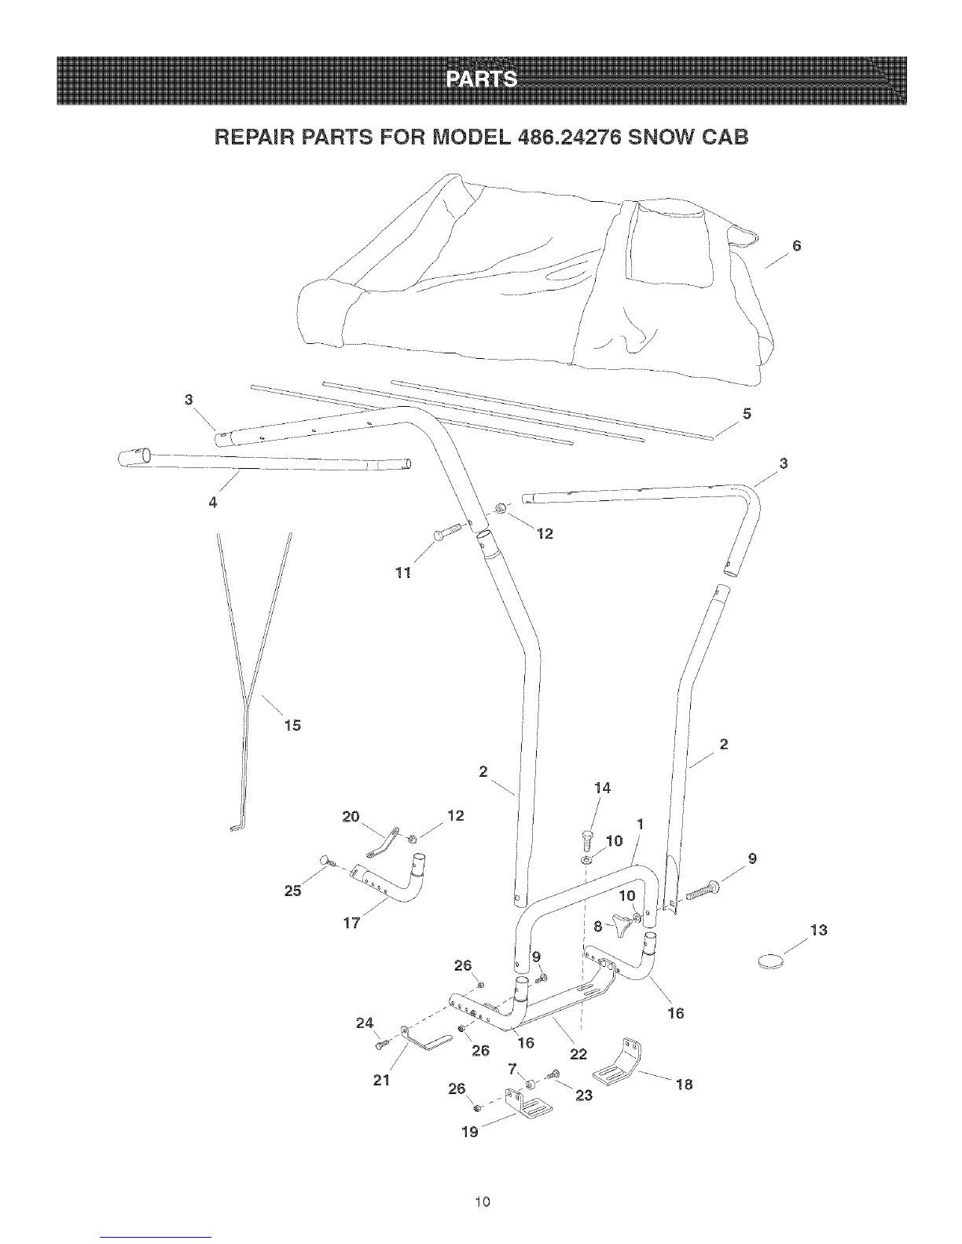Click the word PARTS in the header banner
click(x=482, y=79)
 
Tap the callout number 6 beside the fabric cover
click(x=796, y=246)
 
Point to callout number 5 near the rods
click(x=747, y=413)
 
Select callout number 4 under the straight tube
click(x=213, y=503)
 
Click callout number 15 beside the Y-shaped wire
click(x=292, y=726)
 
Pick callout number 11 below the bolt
click(x=403, y=572)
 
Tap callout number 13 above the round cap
click(x=819, y=930)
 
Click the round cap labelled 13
click(x=771, y=960)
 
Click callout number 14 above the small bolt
click(x=602, y=788)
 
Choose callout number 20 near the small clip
click(x=351, y=816)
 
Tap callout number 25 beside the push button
click(x=293, y=891)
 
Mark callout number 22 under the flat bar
click(x=578, y=1054)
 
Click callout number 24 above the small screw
click(x=365, y=1023)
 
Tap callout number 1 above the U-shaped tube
click(x=640, y=824)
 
